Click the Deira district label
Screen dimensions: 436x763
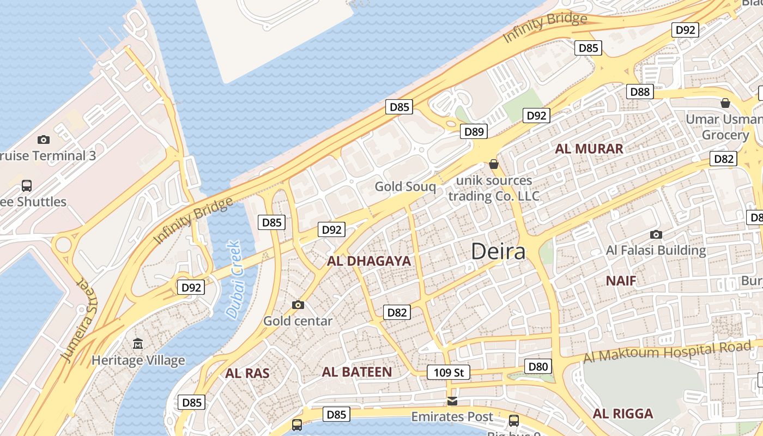point(498,252)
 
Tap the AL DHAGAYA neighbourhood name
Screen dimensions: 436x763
point(369,261)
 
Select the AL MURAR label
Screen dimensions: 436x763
point(589,149)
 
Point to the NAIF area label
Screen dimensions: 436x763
point(621,281)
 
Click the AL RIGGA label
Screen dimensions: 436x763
point(622,414)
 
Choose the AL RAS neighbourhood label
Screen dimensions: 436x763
point(247,373)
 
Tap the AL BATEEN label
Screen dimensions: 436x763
point(356,372)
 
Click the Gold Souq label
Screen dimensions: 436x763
point(405,187)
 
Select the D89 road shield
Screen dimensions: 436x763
point(474,131)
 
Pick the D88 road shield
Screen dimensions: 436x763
point(640,92)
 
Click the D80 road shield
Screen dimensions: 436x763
point(538,367)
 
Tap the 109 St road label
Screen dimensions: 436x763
point(449,373)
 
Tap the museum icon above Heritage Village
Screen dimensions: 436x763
point(138,344)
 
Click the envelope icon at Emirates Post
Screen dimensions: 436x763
point(452,402)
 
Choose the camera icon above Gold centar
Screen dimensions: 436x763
point(298,305)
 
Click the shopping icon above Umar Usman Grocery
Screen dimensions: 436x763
point(725,103)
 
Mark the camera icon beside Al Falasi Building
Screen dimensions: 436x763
point(656,234)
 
